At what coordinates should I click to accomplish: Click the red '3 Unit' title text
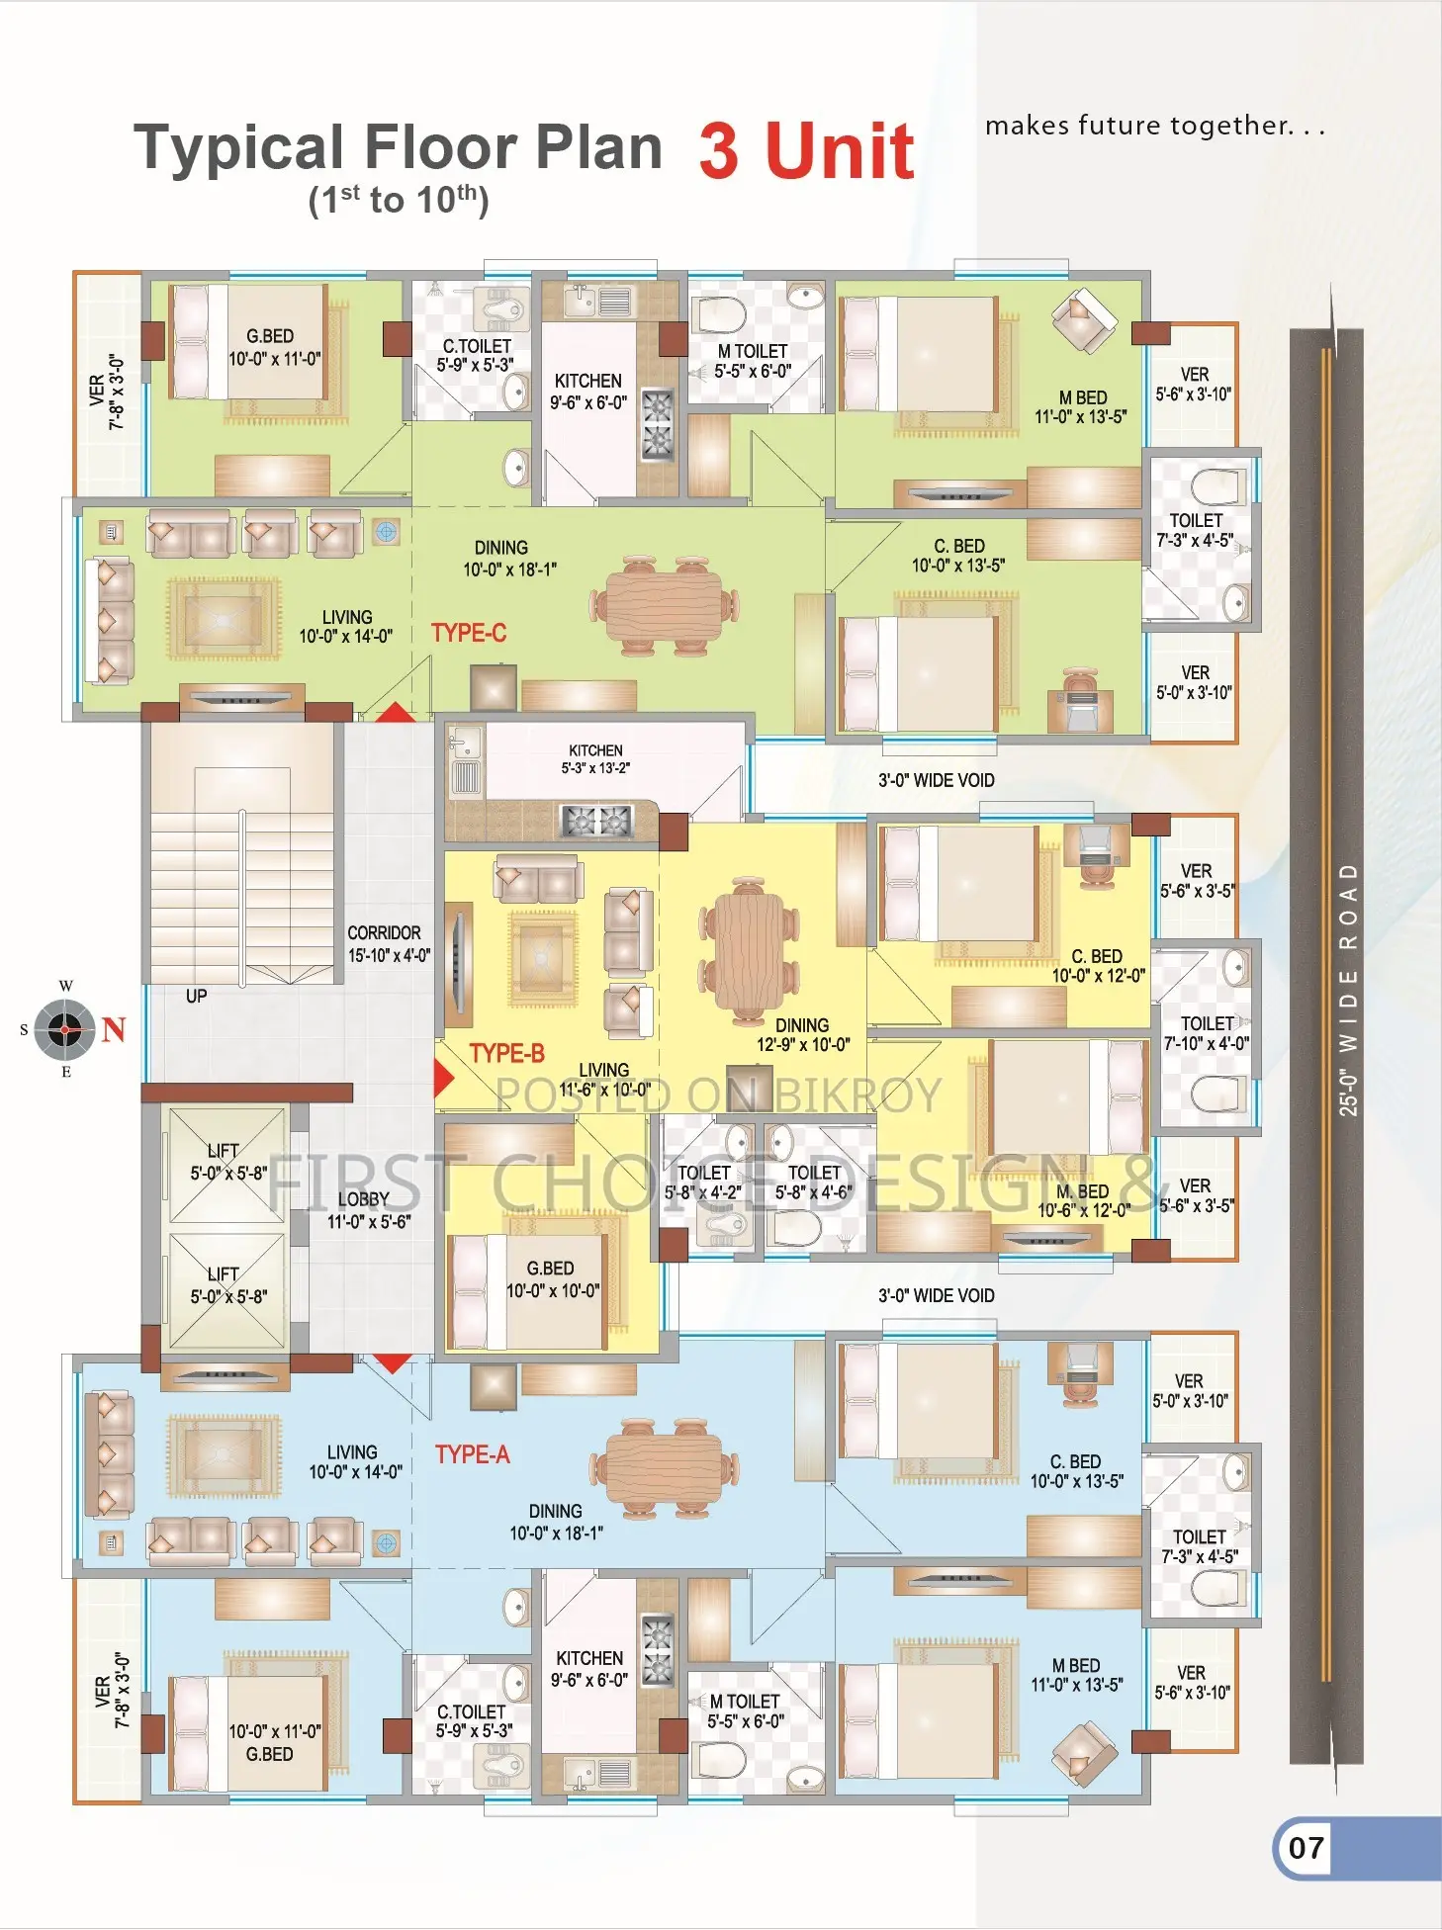click(806, 150)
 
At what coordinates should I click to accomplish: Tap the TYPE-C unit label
click(469, 633)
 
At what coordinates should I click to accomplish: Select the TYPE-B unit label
click(506, 1053)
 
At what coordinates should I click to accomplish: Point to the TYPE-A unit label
click(473, 1454)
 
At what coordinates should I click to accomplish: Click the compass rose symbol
click(65, 1029)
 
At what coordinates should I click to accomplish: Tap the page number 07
click(1306, 1848)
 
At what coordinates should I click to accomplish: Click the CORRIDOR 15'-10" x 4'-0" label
click(389, 944)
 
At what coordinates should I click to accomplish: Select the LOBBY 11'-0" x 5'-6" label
click(368, 1210)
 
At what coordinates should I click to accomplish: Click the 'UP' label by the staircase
click(197, 996)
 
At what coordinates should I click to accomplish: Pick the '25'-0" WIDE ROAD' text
click(1348, 989)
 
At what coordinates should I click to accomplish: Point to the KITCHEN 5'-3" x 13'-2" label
click(595, 758)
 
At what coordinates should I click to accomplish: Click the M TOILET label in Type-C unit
click(753, 361)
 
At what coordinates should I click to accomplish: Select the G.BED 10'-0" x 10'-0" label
click(552, 1279)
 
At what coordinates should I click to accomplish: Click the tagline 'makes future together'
click(1155, 126)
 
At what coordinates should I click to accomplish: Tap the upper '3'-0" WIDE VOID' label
click(936, 780)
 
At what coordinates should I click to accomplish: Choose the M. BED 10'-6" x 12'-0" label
click(1084, 1200)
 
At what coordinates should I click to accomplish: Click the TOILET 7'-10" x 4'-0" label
click(1207, 1033)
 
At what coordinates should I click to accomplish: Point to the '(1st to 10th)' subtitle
click(399, 200)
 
